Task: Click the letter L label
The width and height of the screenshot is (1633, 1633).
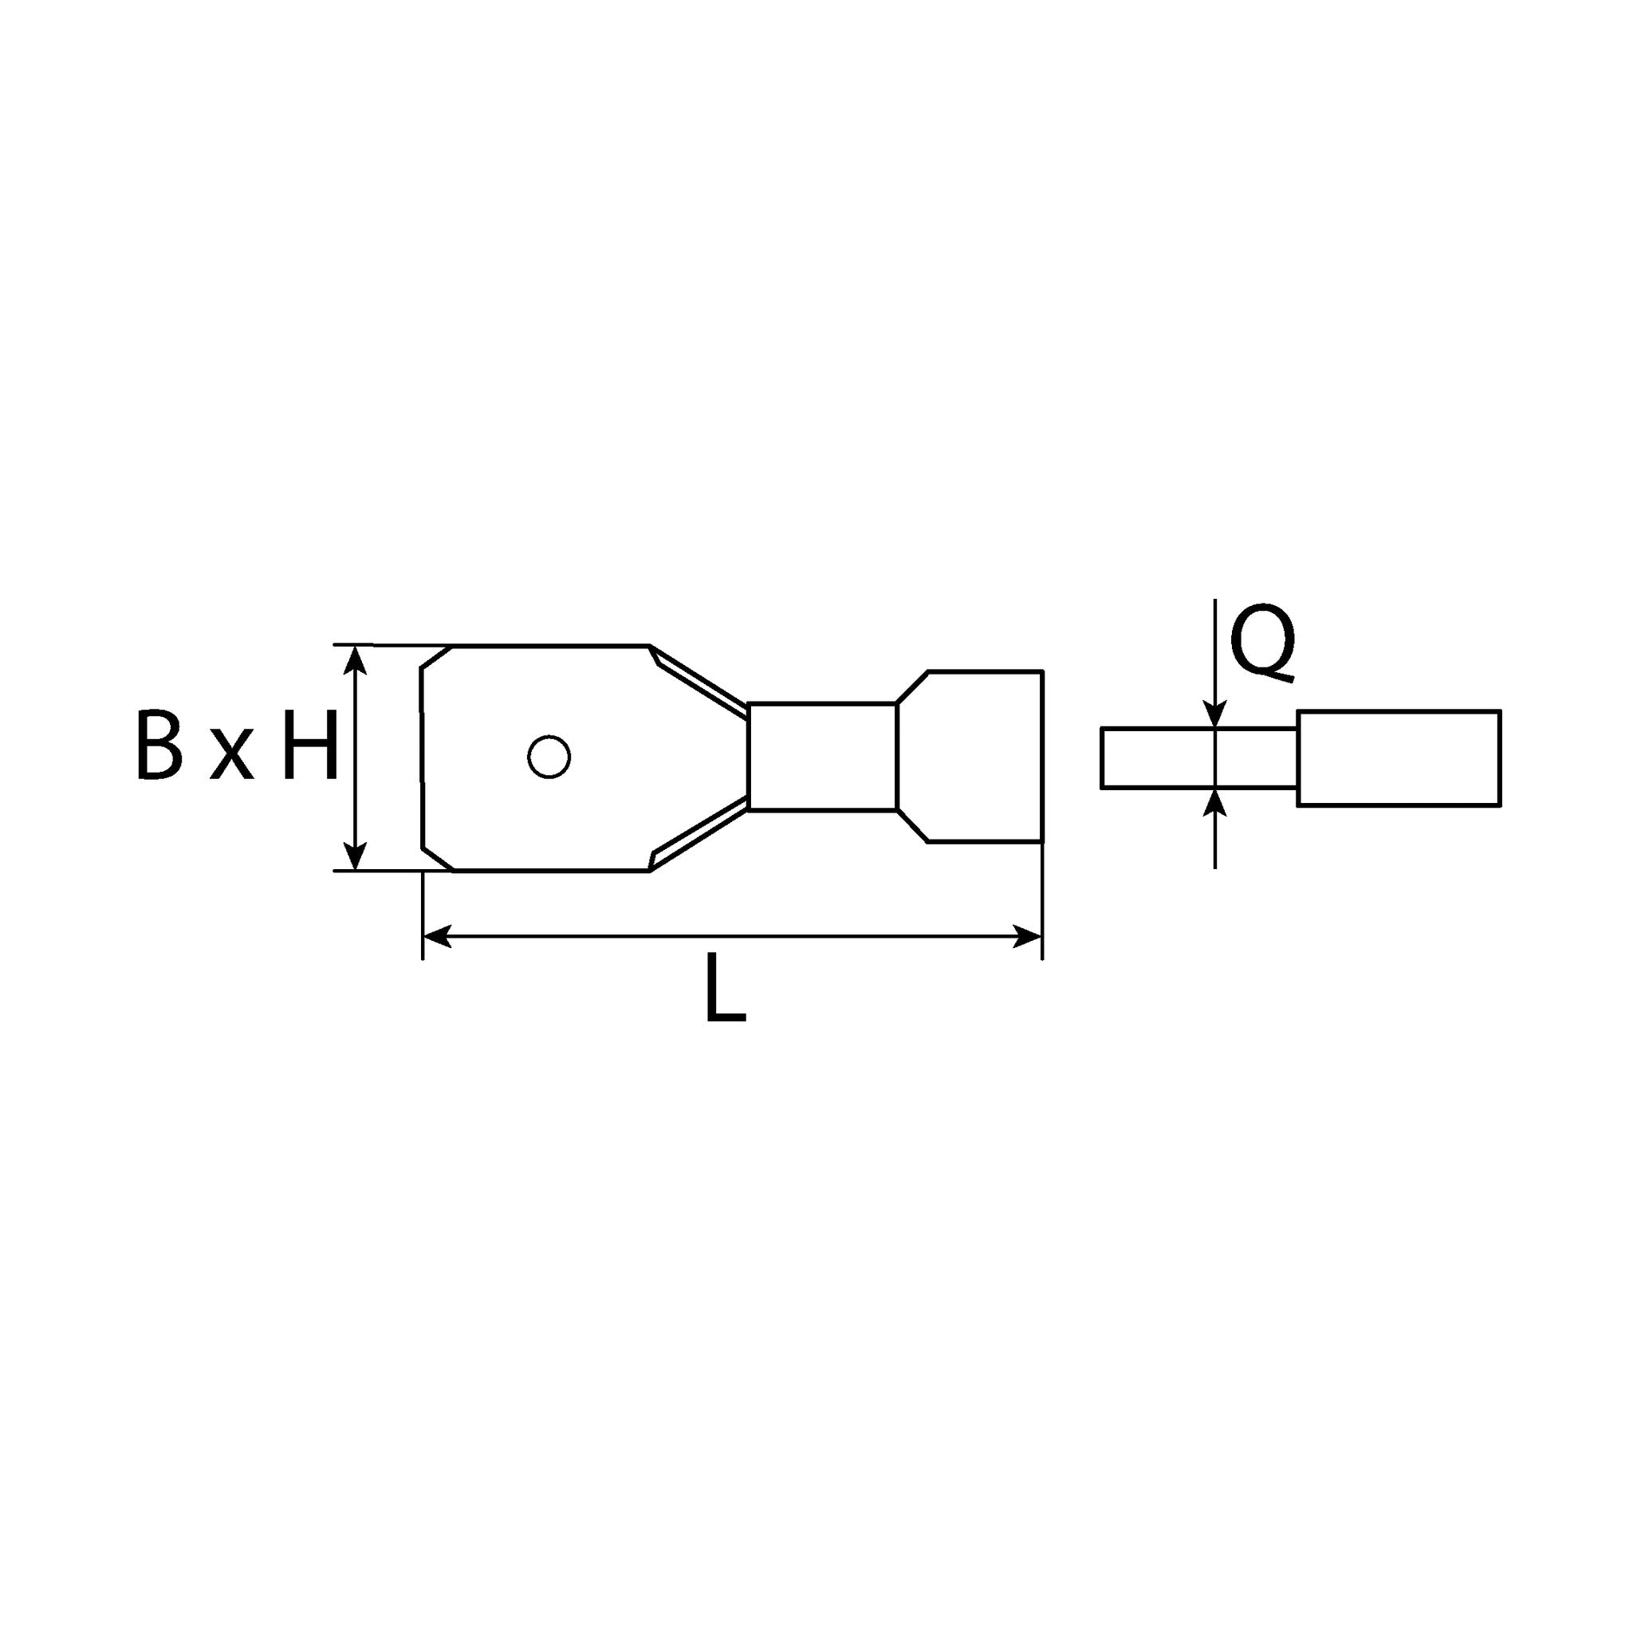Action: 726,987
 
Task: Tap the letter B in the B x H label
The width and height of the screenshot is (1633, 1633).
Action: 159,744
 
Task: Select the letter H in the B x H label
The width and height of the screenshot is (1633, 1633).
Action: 310,744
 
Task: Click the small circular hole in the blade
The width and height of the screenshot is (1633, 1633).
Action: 549,757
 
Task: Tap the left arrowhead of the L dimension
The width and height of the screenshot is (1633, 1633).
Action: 437,935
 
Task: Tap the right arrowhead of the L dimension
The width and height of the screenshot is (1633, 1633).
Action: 1027,935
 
